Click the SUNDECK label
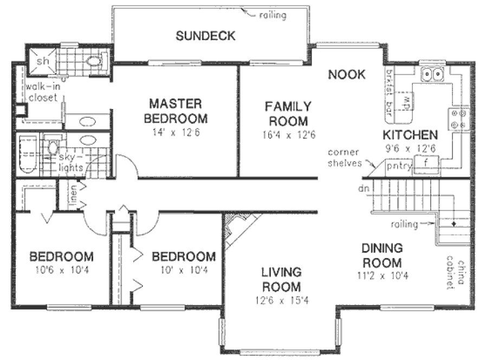(205, 36)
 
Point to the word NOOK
(347, 74)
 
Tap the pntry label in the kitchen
(399, 165)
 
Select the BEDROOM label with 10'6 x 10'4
(61, 256)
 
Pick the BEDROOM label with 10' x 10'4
(184, 256)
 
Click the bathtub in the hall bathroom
(28, 155)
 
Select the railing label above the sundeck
(273, 15)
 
